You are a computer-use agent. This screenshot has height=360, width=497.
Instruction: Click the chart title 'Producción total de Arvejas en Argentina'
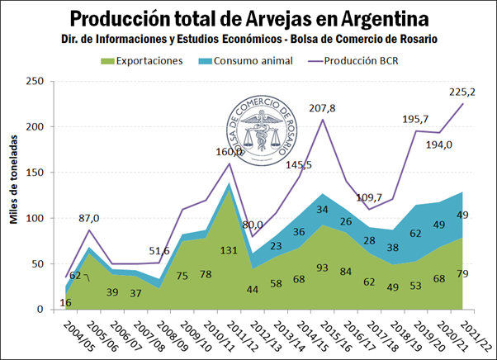(248, 19)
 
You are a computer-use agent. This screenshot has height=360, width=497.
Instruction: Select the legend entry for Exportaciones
(148, 61)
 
